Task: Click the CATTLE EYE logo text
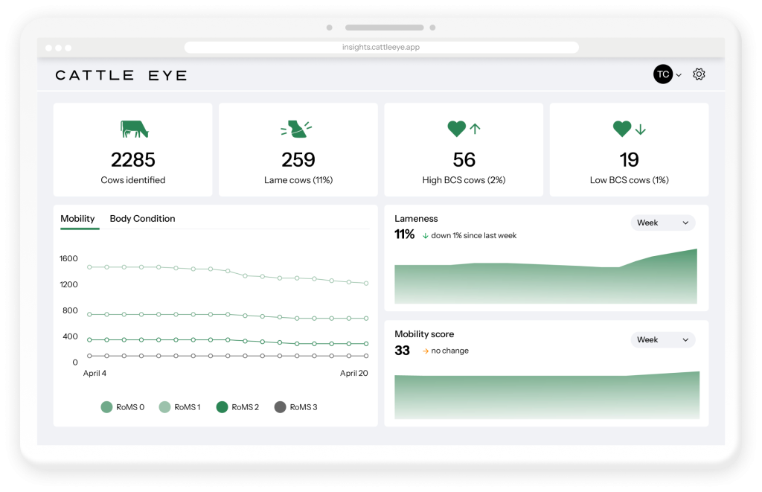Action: [121, 75]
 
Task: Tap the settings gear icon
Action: [699, 74]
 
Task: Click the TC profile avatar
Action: [662, 74]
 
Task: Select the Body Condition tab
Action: [142, 219]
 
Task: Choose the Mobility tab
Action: [77, 219]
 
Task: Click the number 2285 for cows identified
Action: [133, 160]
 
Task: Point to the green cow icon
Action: [134, 130]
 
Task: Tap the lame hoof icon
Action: [297, 130]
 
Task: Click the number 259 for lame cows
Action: [298, 160]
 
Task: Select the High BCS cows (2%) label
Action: [464, 180]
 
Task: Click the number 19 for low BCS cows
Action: [629, 160]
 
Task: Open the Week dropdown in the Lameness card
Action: [662, 223]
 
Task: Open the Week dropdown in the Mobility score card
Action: [662, 339]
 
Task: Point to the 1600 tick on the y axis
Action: [68, 259]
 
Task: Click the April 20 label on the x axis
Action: [353, 374]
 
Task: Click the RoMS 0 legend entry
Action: [123, 407]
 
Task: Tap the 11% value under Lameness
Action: [404, 234]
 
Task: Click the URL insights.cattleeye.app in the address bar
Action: [381, 47]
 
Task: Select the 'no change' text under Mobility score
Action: [449, 351]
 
